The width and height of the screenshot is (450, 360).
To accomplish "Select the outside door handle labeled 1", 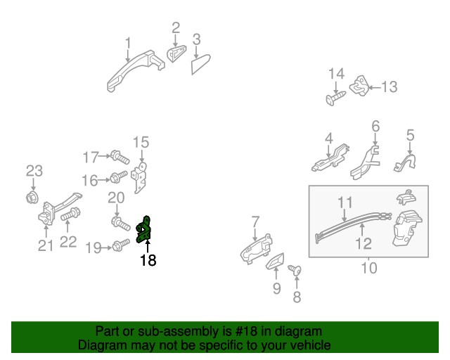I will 134,73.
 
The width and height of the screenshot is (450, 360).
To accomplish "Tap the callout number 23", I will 34,170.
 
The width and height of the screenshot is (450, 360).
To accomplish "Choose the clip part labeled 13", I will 360,86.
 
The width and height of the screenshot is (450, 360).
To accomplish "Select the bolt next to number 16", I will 119,176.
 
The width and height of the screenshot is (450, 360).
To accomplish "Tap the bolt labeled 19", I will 119,245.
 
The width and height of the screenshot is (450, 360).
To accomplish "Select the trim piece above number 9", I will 274,262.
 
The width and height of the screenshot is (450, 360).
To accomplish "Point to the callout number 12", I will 363,243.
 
